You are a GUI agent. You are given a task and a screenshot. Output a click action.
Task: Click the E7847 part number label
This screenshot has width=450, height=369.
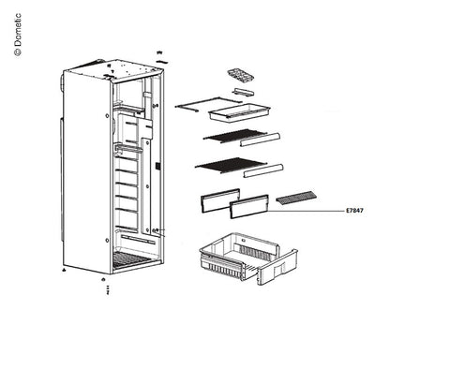354,211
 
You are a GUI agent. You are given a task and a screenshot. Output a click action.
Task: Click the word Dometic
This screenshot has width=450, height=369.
18,30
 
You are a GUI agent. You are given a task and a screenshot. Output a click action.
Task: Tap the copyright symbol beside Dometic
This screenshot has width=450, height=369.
18,52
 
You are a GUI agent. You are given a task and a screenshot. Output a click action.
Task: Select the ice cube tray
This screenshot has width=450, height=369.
240,76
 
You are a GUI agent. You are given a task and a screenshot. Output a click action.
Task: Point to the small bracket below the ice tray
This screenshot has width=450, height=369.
243,92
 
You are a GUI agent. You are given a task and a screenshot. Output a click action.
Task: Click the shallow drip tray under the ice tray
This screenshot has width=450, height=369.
239,112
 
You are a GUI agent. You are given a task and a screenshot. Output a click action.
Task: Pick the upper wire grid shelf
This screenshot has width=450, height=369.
235,137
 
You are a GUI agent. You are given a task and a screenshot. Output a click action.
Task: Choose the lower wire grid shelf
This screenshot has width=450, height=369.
231,165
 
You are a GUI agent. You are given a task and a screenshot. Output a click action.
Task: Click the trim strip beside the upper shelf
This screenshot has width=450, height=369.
260,140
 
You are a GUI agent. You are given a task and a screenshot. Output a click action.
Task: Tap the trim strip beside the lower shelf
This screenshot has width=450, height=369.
263,170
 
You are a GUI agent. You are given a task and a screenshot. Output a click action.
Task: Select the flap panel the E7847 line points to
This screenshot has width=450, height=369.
249,207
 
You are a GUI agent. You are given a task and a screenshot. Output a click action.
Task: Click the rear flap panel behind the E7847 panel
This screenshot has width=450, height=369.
219,200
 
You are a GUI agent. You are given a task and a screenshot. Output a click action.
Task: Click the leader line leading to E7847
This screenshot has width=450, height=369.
306,211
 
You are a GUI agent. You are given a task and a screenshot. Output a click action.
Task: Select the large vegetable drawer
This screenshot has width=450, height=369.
248,258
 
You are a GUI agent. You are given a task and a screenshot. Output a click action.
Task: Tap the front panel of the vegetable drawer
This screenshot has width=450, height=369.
277,268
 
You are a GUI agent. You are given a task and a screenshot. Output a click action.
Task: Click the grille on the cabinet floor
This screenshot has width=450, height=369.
131,260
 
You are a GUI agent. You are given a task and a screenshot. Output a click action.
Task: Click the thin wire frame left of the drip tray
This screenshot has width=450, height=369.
208,104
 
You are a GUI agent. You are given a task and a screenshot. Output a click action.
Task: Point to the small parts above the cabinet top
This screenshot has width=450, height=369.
161,57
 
